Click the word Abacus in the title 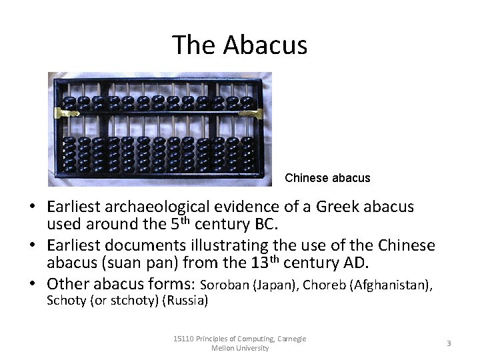click(x=265, y=45)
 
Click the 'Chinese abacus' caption click(x=327, y=178)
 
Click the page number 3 click(x=449, y=343)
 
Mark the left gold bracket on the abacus click(x=67, y=112)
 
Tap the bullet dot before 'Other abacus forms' click(x=33, y=283)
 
